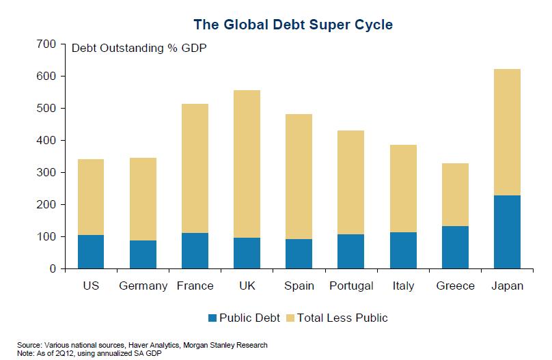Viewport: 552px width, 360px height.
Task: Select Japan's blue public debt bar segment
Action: [507, 232]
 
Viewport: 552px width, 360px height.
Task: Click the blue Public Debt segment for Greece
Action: [455, 247]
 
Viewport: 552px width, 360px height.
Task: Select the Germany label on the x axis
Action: [143, 286]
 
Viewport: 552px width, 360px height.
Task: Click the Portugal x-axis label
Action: [350, 286]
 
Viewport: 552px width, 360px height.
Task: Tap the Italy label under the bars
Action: [403, 286]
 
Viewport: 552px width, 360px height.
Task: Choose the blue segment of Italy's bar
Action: [403, 250]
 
